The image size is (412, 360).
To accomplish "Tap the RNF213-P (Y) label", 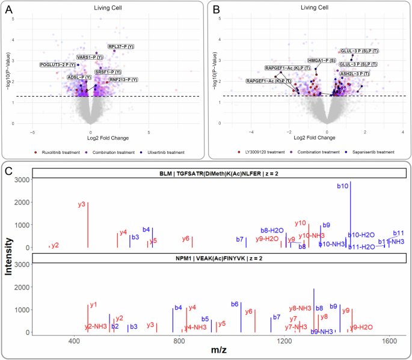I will point(123,79).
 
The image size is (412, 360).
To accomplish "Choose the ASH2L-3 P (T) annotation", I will point(355,73).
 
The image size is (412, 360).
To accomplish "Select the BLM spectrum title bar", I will point(220,174).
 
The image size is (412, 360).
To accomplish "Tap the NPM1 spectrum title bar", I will point(220,258).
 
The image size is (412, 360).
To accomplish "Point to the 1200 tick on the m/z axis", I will point(284,342).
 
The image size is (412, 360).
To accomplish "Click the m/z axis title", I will point(220,352).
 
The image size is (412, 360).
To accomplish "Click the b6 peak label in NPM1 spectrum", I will point(236,304).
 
